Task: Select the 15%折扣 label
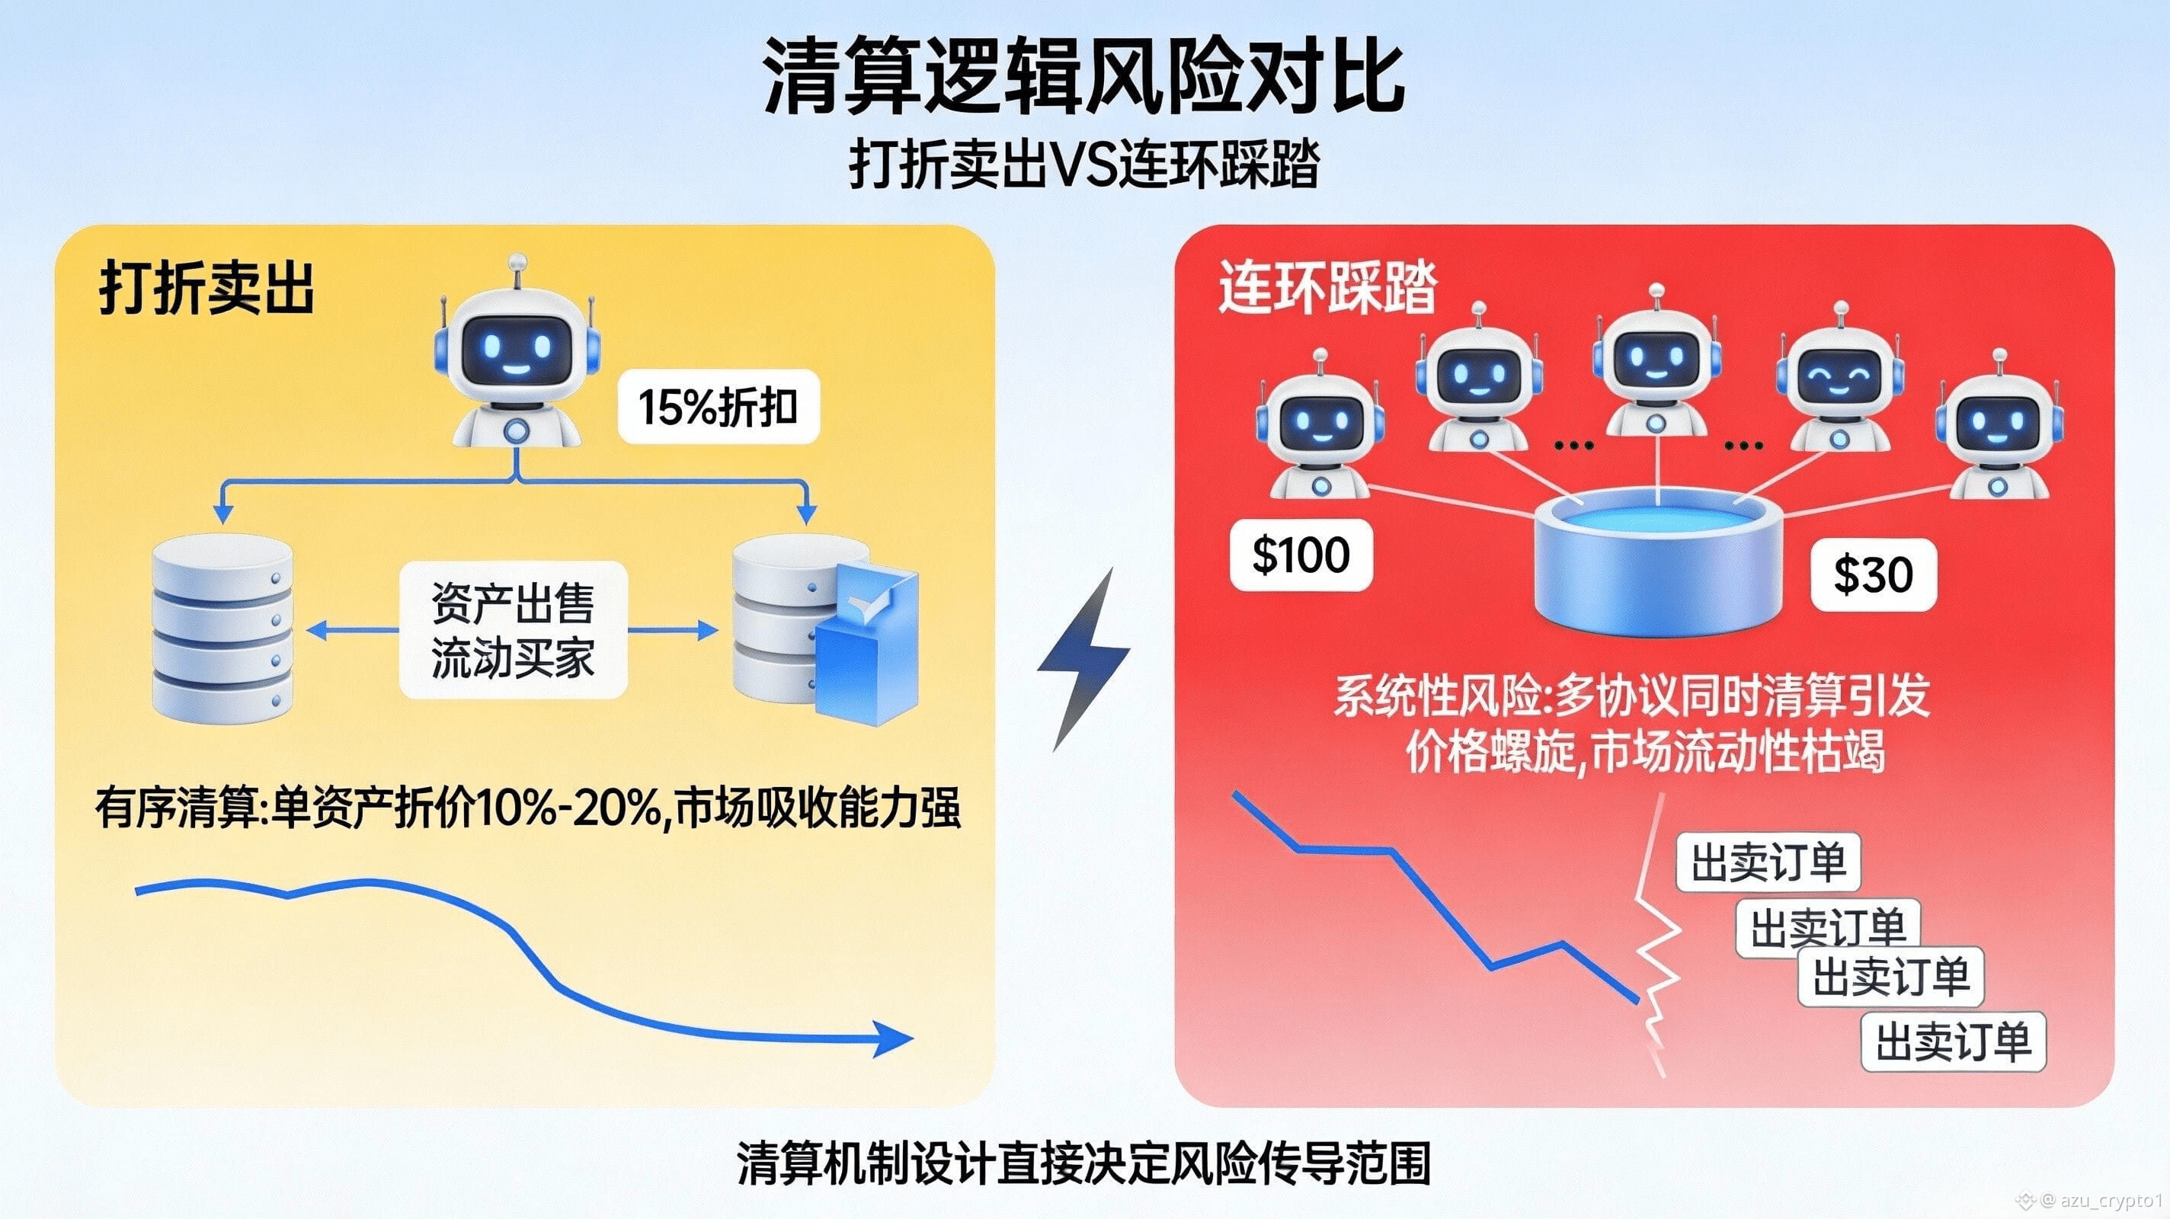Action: [x=719, y=407]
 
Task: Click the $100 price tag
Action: [x=1301, y=556]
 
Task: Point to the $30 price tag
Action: [x=1874, y=575]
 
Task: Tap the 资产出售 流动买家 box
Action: [x=513, y=629]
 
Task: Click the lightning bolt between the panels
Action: [x=1084, y=657]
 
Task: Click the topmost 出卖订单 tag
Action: [x=1768, y=862]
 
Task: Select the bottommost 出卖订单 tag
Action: [x=1953, y=1041]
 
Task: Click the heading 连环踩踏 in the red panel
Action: [x=1327, y=288]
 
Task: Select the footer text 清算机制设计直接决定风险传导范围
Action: [x=1083, y=1163]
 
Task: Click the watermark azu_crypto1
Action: [x=2115, y=1198]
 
